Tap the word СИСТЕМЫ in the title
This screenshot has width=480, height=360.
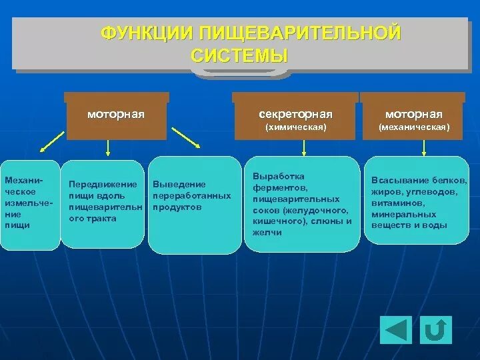pyautogui.click(x=239, y=55)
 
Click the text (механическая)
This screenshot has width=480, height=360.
pyautogui.click(x=414, y=127)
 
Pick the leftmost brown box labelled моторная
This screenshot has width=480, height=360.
pyautogui.click(x=116, y=120)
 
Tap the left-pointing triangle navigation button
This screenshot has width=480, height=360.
pyautogui.click(x=396, y=329)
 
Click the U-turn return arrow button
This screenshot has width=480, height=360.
pyautogui.click(x=436, y=329)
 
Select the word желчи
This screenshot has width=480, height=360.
pyautogui.click(x=267, y=233)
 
